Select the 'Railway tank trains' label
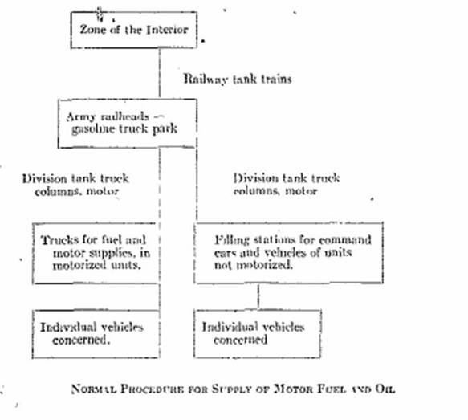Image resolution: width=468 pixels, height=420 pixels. tap(238, 79)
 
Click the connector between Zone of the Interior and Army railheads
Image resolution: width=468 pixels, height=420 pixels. tap(160, 73)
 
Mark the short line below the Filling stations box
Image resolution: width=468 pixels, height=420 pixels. tap(258, 296)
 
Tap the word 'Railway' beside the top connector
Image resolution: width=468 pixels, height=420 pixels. tap(206, 80)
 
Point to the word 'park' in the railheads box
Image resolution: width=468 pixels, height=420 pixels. tap(165, 129)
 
